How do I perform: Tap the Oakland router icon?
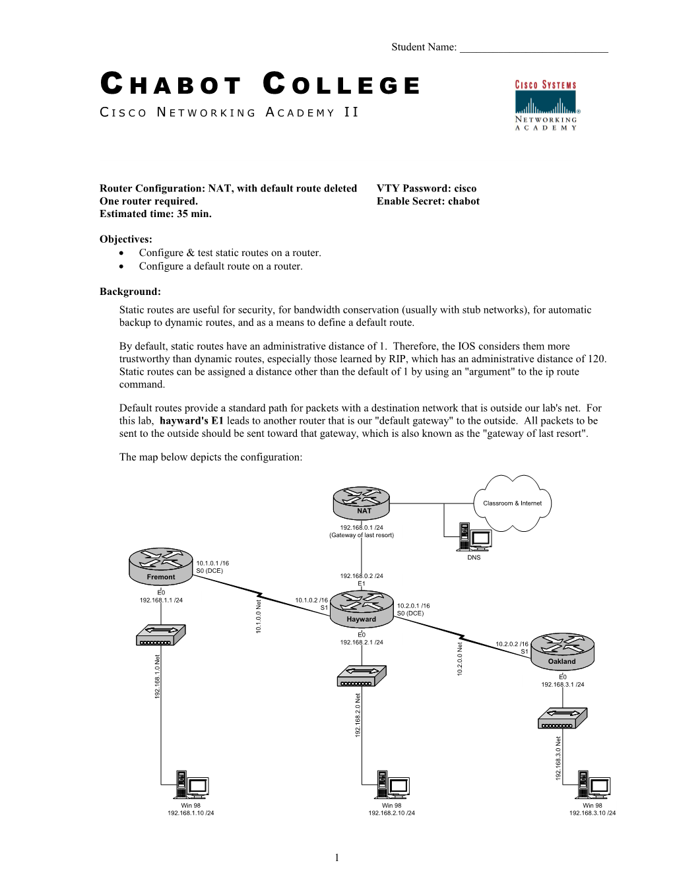click(x=562, y=650)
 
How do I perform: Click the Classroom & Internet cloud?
click(x=512, y=503)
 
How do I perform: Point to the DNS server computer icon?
click(x=474, y=537)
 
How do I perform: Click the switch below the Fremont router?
click(x=160, y=635)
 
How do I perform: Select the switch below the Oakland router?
click(x=562, y=718)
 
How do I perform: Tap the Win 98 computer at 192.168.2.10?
click(x=392, y=785)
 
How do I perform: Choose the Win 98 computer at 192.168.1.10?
click(x=191, y=785)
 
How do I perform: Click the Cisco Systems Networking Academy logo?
click(x=546, y=106)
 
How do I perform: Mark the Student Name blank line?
click(x=533, y=48)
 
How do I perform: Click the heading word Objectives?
click(x=126, y=240)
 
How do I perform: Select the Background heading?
click(x=130, y=292)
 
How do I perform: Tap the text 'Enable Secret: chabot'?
click(x=428, y=201)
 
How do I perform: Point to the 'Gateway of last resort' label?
click(x=362, y=535)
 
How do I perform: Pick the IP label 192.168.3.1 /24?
click(x=562, y=684)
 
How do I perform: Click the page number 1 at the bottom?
click(x=337, y=857)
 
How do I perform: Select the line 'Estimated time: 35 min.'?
click(x=156, y=214)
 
